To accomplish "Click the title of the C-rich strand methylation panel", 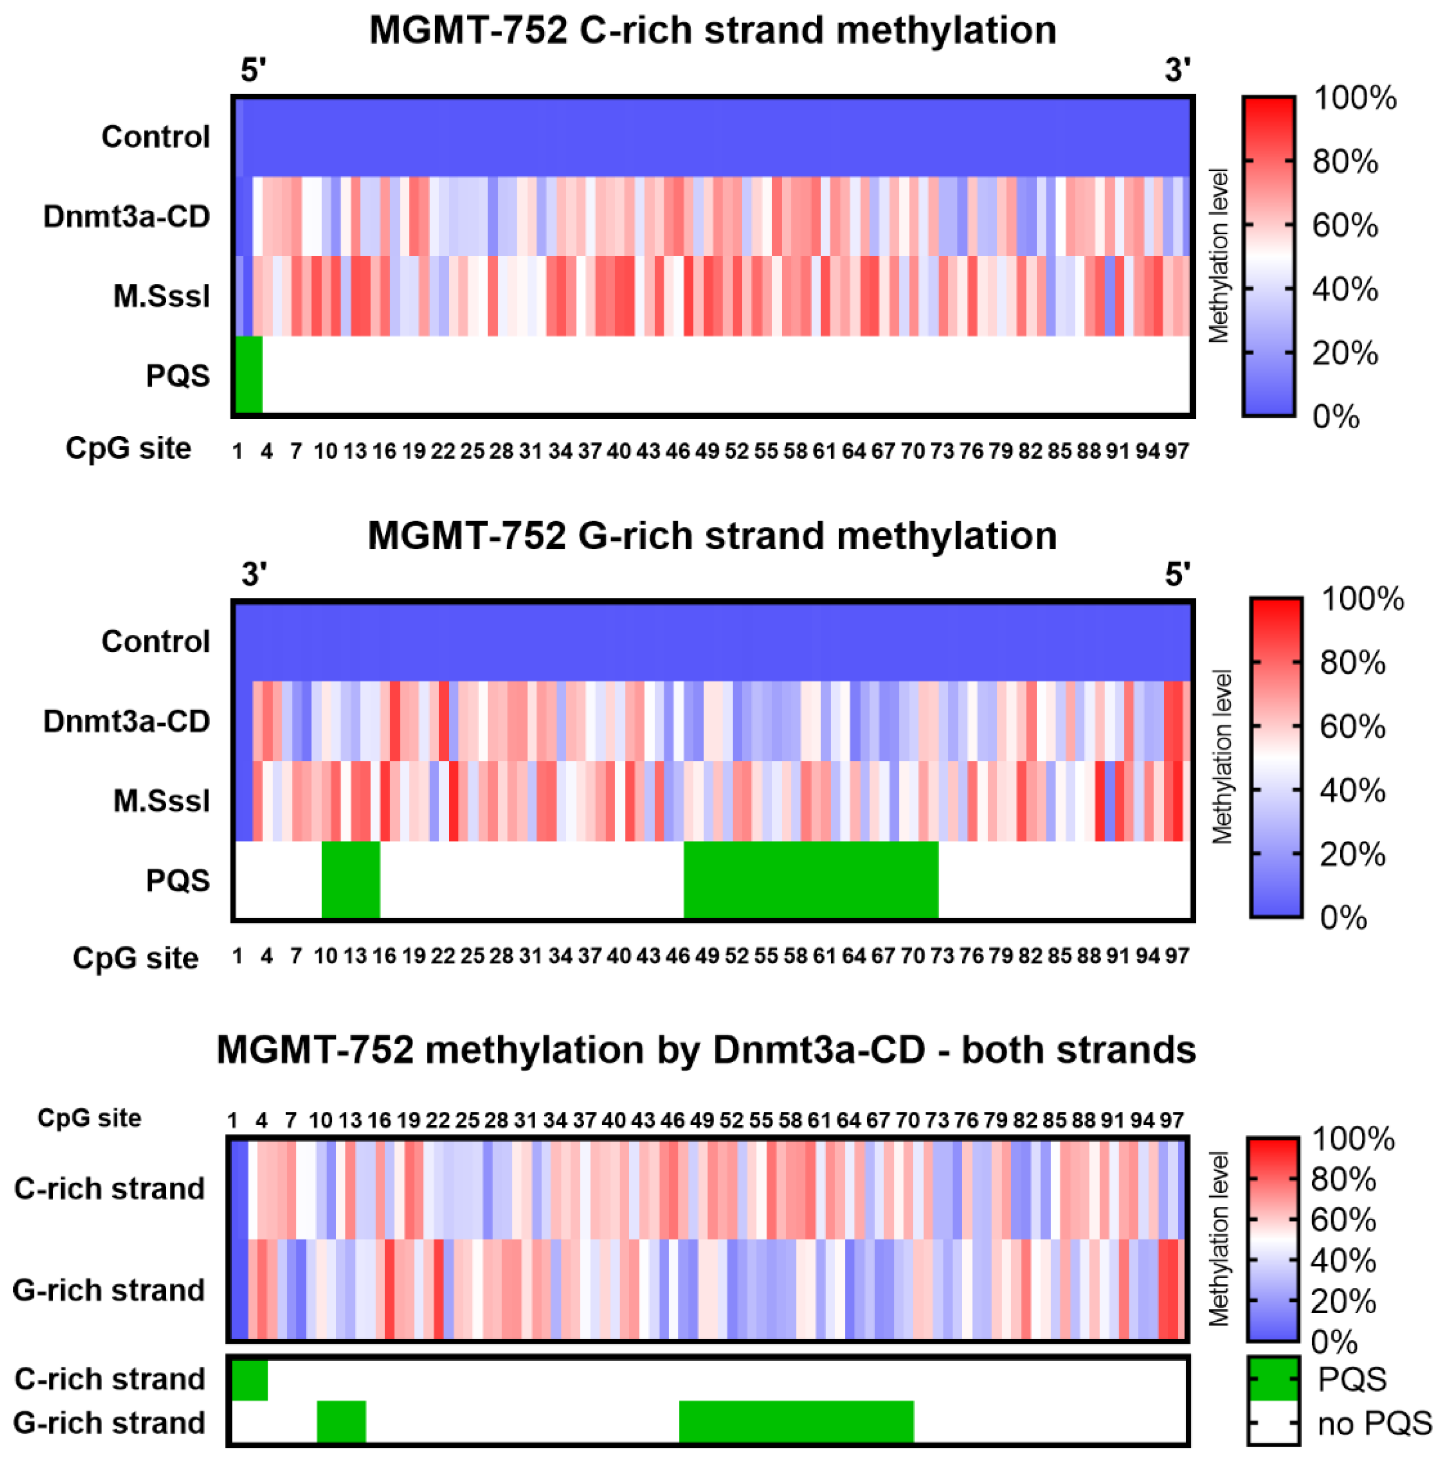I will (712, 30).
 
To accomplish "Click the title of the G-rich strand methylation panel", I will (712, 536).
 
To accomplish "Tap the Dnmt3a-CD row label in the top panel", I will (126, 216).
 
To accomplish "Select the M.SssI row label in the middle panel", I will (161, 801).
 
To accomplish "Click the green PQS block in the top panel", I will (248, 375).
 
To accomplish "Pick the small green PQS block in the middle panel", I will (350, 879).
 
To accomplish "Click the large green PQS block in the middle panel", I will (810, 879).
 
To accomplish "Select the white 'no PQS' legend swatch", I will (1272, 1422).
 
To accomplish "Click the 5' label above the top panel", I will (253, 71).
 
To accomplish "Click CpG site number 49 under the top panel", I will (707, 452).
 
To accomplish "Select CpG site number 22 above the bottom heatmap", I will (437, 1120).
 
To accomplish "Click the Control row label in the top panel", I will (155, 137).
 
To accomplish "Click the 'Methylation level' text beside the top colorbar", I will (1219, 256).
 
